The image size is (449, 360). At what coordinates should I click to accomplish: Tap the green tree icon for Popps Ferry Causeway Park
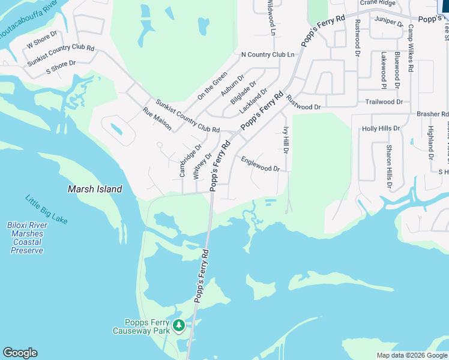[x=178, y=326]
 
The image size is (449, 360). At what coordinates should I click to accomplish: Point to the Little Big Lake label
[x=46, y=209]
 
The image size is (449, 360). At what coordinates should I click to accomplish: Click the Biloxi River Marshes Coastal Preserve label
[x=27, y=238]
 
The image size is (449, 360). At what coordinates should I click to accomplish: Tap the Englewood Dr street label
[x=261, y=164]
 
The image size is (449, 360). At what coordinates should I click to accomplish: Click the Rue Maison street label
[x=157, y=119]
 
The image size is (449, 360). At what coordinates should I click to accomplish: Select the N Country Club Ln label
[x=267, y=55]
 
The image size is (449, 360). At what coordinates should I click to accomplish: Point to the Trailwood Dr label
[x=384, y=102]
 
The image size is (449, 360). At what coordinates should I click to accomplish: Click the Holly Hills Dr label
[x=381, y=128]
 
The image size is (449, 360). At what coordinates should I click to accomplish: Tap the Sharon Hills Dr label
[x=389, y=167]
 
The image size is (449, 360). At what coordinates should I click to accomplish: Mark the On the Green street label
[x=212, y=85]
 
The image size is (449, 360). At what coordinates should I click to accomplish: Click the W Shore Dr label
[x=41, y=41]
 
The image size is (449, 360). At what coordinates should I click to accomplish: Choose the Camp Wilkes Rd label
[x=411, y=48]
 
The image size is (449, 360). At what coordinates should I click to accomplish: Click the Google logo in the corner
[x=20, y=353]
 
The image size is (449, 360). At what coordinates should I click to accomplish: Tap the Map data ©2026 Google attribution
[x=412, y=355]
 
